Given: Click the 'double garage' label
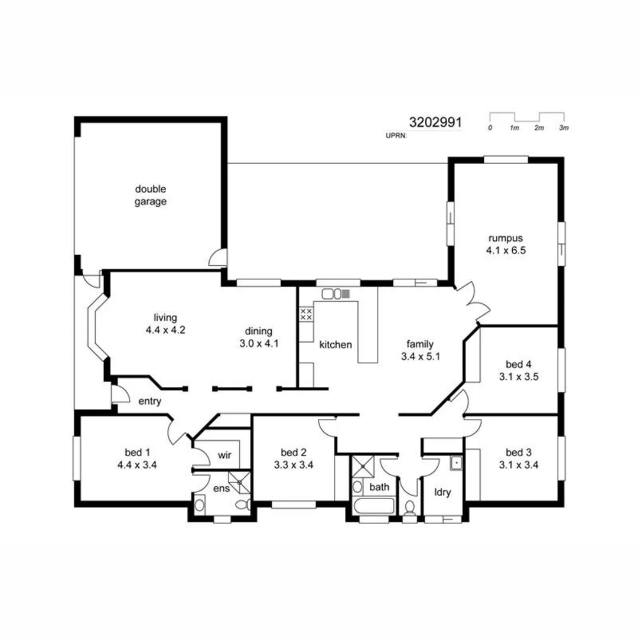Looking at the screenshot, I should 151,196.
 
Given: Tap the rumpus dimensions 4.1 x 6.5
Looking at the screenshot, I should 506,250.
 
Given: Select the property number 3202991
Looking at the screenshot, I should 435,123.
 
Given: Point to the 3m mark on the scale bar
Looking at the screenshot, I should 564,128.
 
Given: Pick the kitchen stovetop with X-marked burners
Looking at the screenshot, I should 306,314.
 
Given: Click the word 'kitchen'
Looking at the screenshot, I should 335,344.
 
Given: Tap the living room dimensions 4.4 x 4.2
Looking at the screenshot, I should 165,330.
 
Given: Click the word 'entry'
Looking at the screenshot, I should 149,401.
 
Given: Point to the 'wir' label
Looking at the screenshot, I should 224,455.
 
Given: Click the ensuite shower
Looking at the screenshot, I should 239,481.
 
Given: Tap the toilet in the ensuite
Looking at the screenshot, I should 241,504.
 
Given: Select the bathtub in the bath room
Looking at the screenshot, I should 373,507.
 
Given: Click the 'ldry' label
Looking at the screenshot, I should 442,491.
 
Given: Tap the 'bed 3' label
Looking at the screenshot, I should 518,453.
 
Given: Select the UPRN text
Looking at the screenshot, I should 395,135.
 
